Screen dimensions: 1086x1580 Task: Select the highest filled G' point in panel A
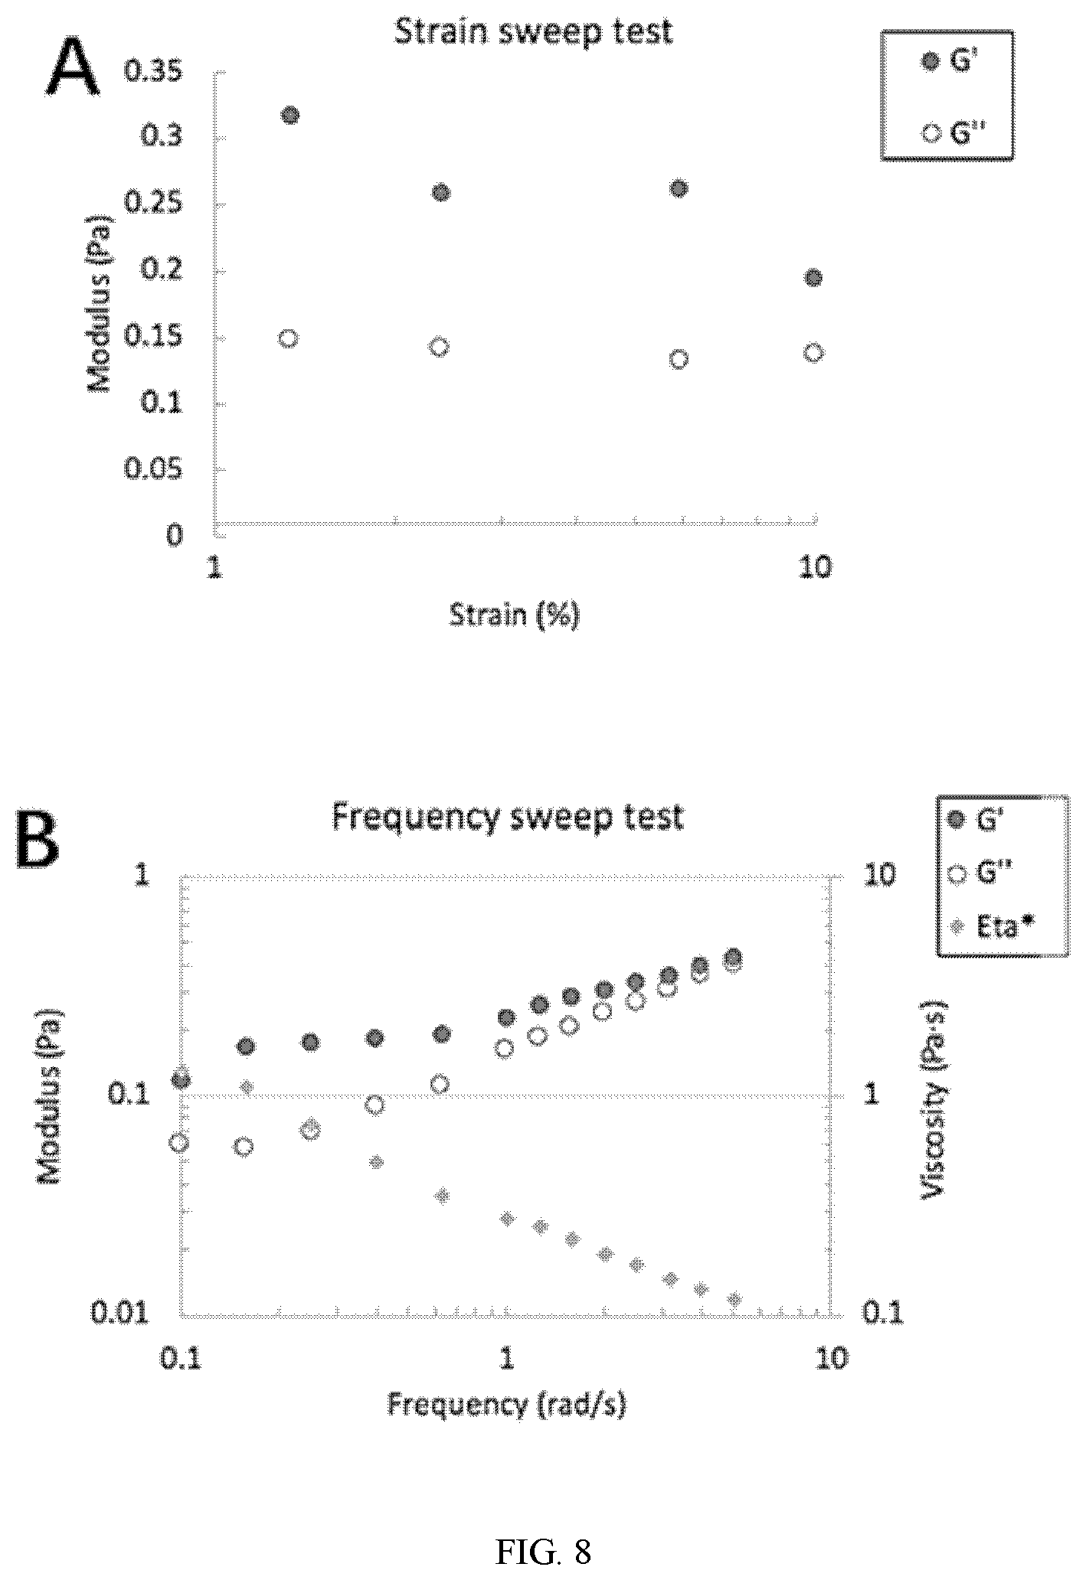click(290, 116)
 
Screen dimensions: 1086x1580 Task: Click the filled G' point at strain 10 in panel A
click(813, 277)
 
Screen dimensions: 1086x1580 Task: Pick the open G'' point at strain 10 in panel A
click(813, 352)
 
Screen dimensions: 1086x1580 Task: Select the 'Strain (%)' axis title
click(514, 615)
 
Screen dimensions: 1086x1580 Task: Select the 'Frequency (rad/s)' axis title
click(507, 1404)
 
